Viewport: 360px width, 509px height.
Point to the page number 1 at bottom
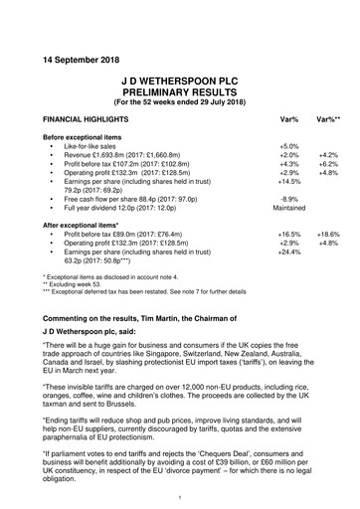tap(179, 496)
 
